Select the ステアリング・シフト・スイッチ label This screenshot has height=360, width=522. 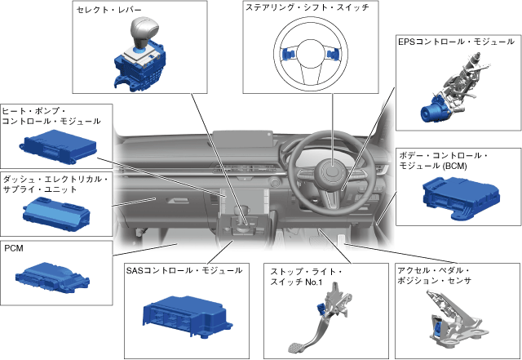click(x=306, y=8)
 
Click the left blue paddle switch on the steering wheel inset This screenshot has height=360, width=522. click(x=287, y=55)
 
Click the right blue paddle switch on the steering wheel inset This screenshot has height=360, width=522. click(x=334, y=56)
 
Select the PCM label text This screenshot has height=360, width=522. click(x=15, y=247)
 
